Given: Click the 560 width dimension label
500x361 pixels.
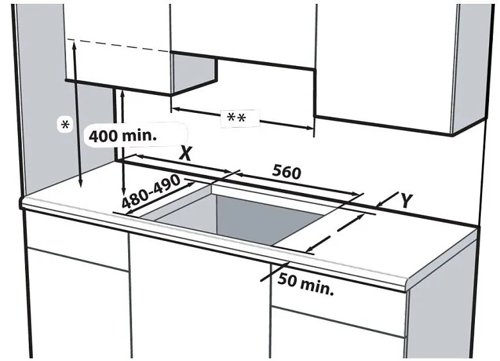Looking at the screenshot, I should click(x=287, y=172).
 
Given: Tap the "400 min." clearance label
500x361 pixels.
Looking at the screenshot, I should click(x=122, y=136).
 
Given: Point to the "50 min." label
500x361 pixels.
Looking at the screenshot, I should click(x=306, y=284).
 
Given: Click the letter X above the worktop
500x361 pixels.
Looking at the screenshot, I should click(x=186, y=153).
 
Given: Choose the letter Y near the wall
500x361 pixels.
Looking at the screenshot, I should click(x=406, y=200).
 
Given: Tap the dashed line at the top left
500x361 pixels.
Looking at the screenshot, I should click(x=122, y=45).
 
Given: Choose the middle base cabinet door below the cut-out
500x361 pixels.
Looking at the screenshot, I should click(x=199, y=301).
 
